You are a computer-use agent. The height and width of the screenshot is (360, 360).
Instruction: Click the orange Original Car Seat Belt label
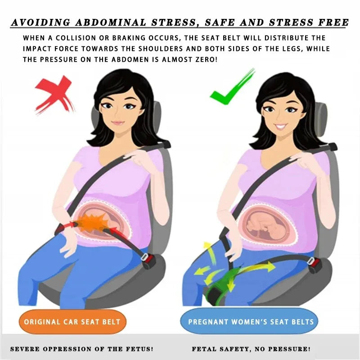click(x=72, y=322)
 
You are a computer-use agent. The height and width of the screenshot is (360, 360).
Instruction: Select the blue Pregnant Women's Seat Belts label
click(x=252, y=322)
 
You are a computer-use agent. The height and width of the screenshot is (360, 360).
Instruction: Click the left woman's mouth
click(x=118, y=122)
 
